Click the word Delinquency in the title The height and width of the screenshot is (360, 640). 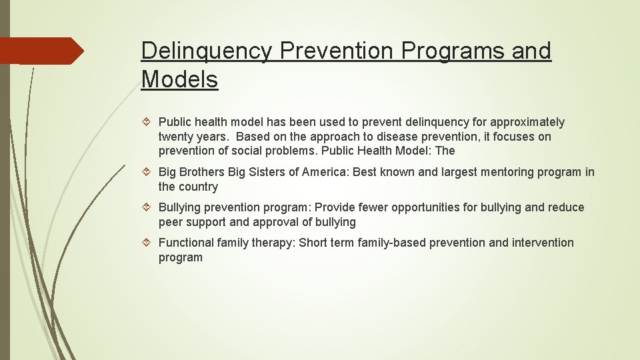coord(205,51)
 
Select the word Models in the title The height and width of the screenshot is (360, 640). coord(179,79)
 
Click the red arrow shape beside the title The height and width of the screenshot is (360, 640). coord(41,51)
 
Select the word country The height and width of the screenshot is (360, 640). coord(199,187)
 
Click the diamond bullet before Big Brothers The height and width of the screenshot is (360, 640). coord(148,172)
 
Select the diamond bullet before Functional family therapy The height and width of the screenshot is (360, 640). coord(148,243)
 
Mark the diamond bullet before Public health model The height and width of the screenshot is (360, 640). coord(148,122)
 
